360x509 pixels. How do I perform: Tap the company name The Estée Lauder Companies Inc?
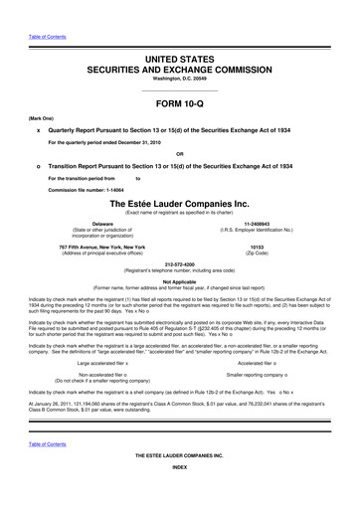pyautogui.click(x=180, y=203)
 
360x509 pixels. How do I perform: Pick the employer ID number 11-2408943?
pyautogui.click(x=256, y=225)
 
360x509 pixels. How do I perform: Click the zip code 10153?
pyautogui.click(x=256, y=246)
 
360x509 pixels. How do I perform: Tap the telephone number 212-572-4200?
pyautogui.click(x=180, y=265)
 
